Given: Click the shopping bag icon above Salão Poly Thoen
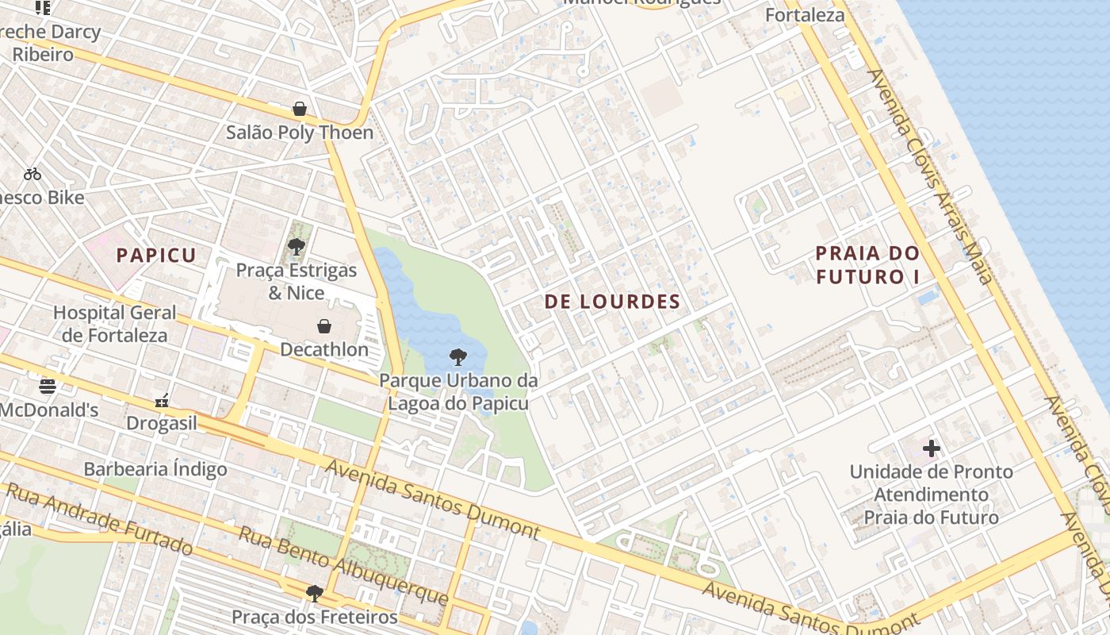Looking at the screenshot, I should (x=300, y=109).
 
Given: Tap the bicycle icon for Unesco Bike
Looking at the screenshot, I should (x=33, y=174).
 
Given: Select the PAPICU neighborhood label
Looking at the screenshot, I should (x=155, y=255).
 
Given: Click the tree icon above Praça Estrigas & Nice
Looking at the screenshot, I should (x=297, y=246).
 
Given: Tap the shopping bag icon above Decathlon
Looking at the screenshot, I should (x=324, y=326).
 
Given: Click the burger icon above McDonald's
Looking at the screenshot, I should (x=48, y=387).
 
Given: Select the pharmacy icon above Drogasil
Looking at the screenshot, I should (x=162, y=400).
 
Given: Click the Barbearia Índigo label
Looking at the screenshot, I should (x=155, y=469).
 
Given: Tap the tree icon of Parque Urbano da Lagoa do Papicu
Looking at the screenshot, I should (x=457, y=356).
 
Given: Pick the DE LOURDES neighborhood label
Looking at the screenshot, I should (x=612, y=302).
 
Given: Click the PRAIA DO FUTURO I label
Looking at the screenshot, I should (x=867, y=265).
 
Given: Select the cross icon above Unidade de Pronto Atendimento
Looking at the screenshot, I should (x=932, y=448).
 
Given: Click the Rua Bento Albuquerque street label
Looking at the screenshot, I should (x=343, y=564).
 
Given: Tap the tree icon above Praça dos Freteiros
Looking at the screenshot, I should (x=314, y=593).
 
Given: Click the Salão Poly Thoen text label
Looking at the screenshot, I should (x=300, y=133).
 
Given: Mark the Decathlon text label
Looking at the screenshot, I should (x=324, y=349).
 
